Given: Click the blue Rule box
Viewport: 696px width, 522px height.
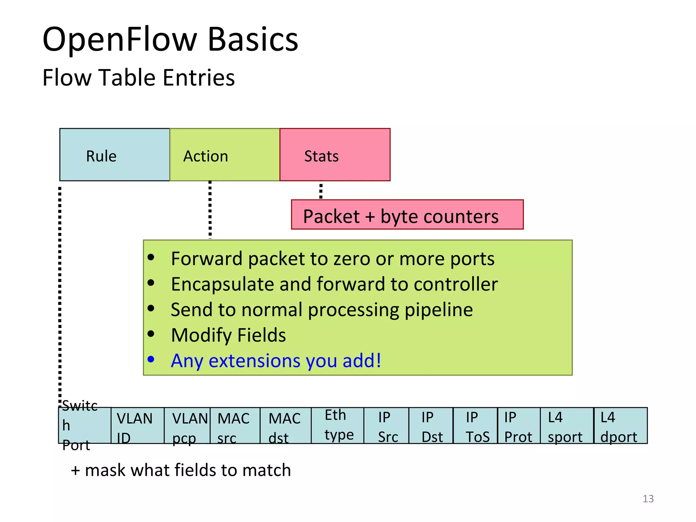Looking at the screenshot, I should point(115,155).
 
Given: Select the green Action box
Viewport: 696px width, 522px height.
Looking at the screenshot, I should point(224,155).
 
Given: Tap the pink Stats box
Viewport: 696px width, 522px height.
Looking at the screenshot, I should point(335,155).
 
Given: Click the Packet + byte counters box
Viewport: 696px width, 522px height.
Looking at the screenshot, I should point(407,215).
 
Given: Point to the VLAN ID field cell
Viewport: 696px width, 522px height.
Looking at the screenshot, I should point(137,426).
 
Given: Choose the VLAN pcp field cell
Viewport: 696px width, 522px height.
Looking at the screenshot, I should point(187,426).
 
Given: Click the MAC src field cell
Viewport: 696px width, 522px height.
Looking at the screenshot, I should point(235,426).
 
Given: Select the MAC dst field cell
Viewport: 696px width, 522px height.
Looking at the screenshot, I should point(285,426).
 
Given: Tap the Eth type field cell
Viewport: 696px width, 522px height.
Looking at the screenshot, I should point(337,425).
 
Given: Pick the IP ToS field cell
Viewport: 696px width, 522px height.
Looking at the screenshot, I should point(475,426).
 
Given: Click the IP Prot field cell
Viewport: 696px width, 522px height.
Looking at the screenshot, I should point(519,426).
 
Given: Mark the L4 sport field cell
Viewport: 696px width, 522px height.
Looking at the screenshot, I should point(567,426).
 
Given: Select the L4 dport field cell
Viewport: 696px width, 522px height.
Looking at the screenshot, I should point(621,426).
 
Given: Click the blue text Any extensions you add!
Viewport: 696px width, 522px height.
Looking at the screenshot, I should point(276,361).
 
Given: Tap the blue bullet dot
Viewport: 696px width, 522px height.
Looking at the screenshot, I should point(151,359).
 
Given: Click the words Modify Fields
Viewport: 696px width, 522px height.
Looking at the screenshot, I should point(228,335).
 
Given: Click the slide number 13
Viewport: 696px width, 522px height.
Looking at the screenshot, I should point(648,499).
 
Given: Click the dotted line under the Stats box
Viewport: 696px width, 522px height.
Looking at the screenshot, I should point(320,191).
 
